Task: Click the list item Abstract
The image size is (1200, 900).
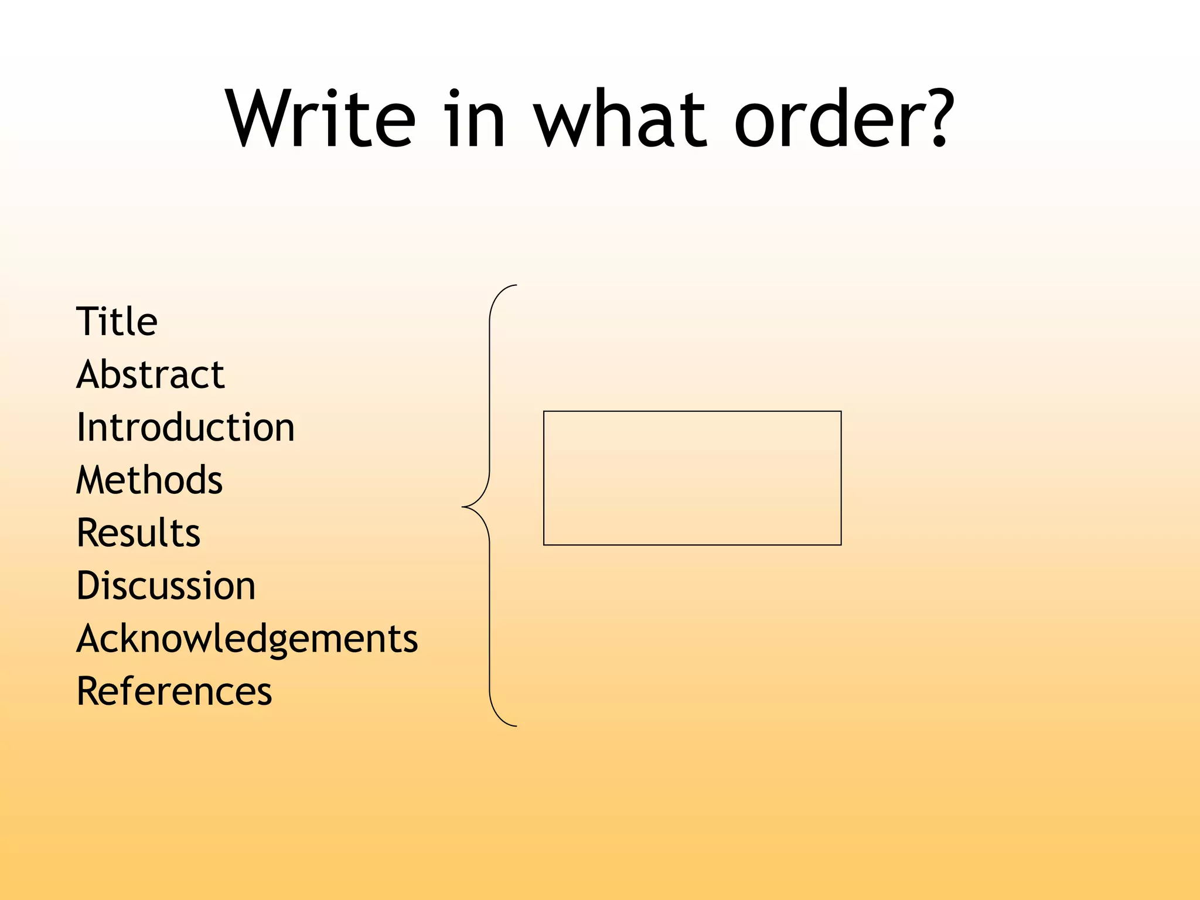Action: [x=151, y=374]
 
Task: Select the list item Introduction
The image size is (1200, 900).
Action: [x=185, y=427]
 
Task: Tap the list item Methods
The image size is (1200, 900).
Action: [x=149, y=480]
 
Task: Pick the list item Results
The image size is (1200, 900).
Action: [x=139, y=533]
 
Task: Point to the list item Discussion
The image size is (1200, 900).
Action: [x=166, y=585]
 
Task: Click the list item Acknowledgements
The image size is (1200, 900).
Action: [x=247, y=639]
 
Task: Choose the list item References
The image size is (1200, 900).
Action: [x=175, y=691]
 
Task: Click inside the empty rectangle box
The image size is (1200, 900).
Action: [x=692, y=478]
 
